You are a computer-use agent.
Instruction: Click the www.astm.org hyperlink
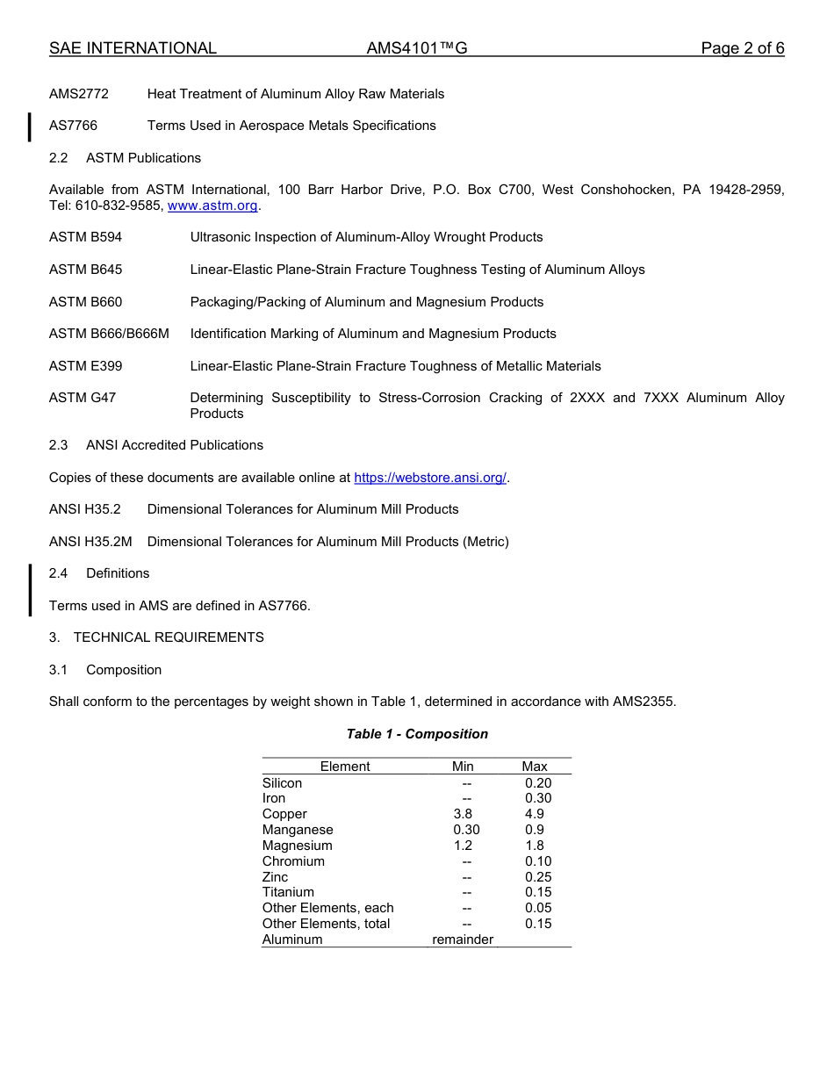(x=212, y=205)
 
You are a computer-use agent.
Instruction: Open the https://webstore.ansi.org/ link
(x=430, y=478)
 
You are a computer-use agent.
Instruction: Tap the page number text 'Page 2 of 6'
(x=742, y=48)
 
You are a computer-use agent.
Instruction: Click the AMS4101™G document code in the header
(x=417, y=48)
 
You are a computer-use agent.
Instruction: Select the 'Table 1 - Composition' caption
(x=417, y=734)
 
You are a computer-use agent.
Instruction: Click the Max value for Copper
(x=535, y=814)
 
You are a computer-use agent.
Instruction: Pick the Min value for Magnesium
(x=463, y=846)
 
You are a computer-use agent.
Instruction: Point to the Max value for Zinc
(x=538, y=877)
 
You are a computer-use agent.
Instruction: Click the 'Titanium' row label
(x=288, y=892)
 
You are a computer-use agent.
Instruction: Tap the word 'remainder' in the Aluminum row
(x=463, y=940)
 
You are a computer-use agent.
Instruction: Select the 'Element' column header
(x=345, y=767)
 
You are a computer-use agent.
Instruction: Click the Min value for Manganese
(x=466, y=830)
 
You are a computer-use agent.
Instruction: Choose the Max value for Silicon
(x=538, y=782)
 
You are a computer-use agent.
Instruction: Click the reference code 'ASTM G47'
(x=83, y=398)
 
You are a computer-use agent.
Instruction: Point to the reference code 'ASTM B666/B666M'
(x=109, y=334)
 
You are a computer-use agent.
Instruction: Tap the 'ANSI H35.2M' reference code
(x=90, y=542)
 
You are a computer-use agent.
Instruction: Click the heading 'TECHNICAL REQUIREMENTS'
(x=169, y=637)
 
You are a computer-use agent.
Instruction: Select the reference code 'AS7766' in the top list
(x=73, y=126)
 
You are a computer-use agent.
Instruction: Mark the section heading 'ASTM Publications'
(x=143, y=158)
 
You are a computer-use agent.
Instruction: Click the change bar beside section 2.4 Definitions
(x=30, y=589)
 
